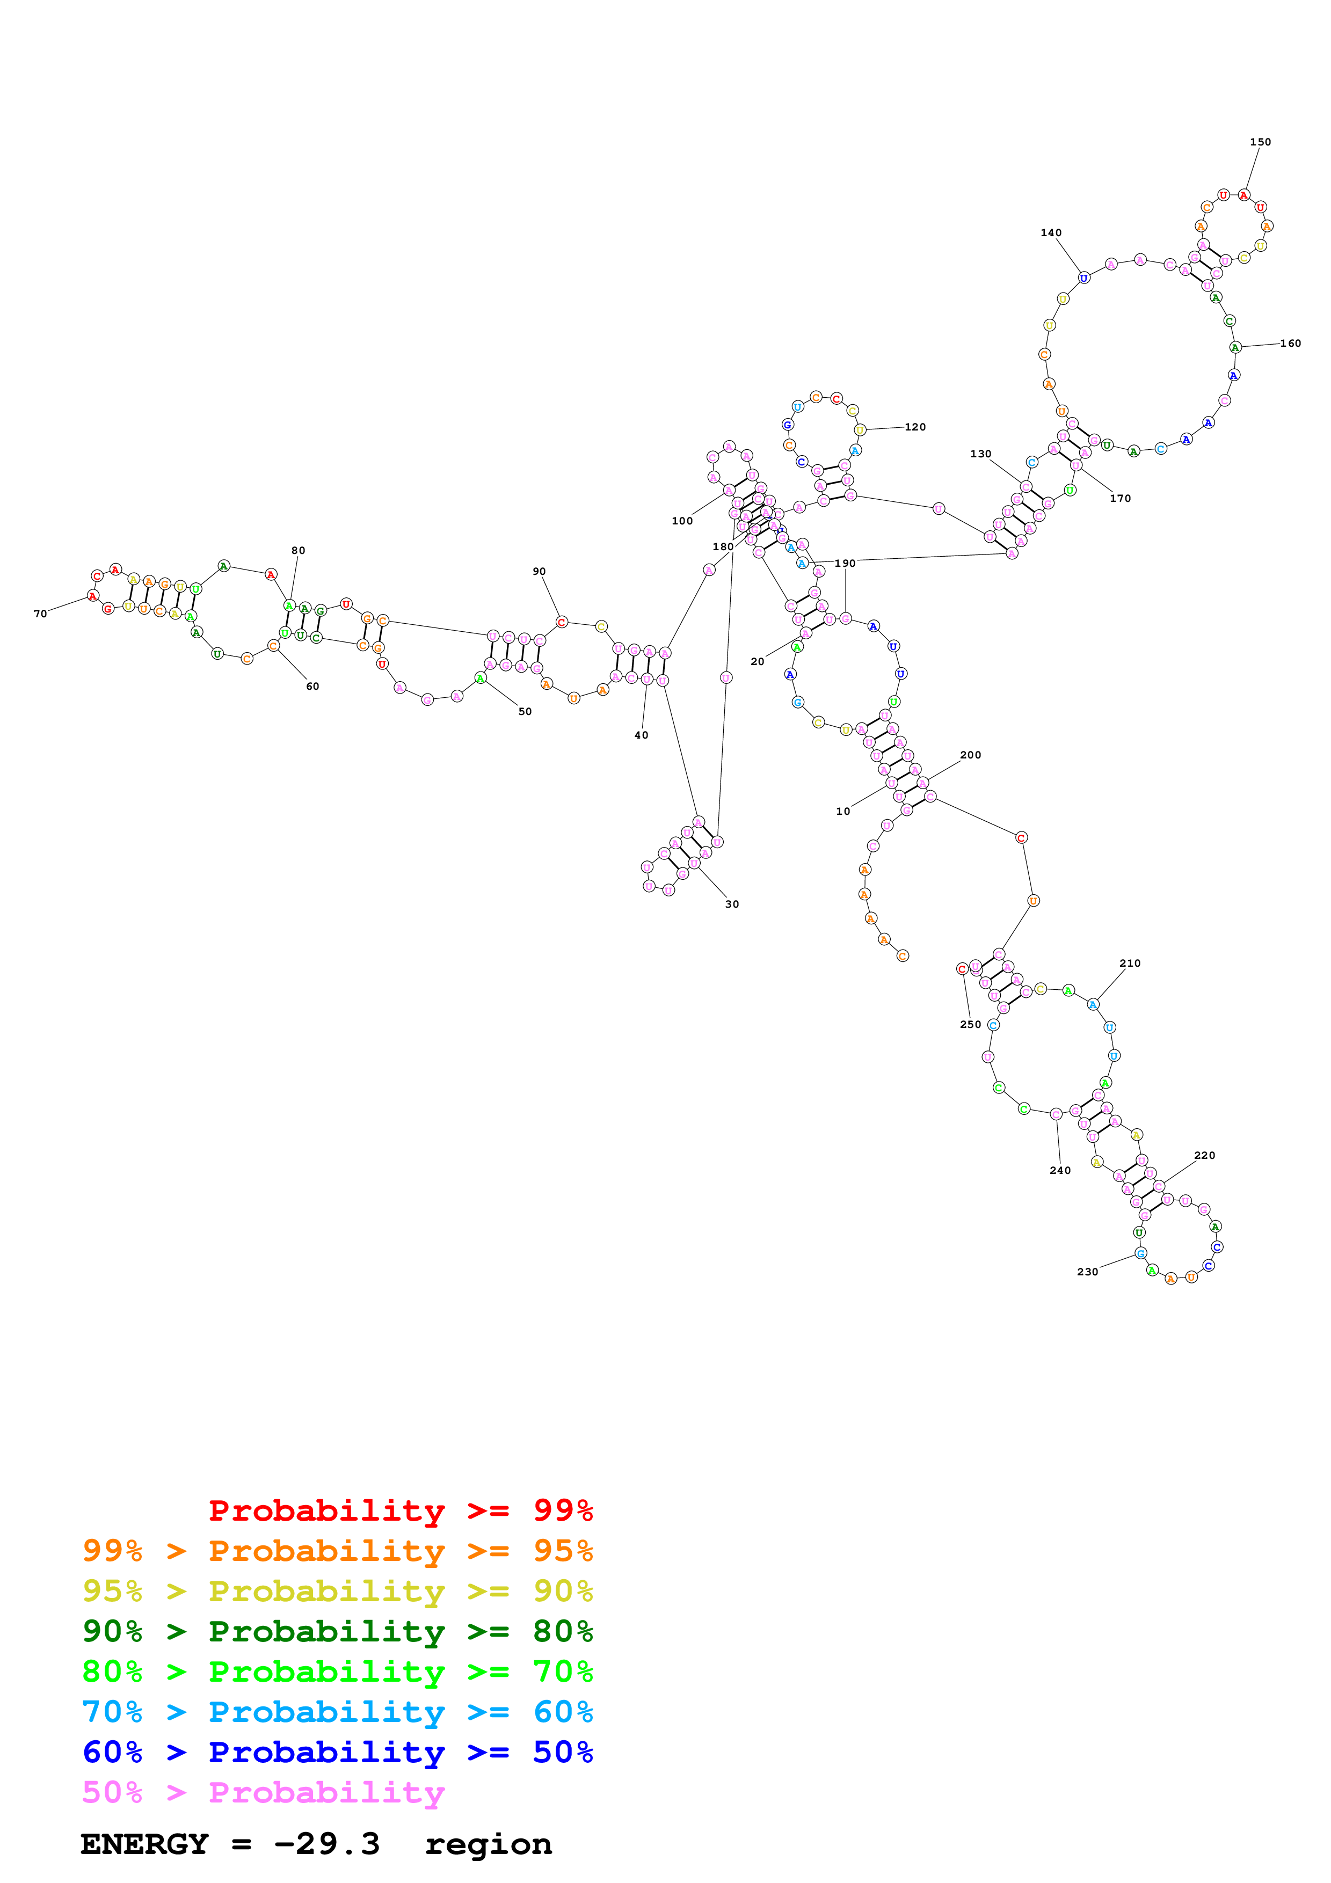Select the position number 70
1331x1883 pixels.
(x=40, y=614)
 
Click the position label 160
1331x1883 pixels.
(x=1290, y=343)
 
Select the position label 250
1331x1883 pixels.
(x=970, y=1024)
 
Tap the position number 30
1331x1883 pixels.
(x=731, y=904)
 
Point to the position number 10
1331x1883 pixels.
(x=843, y=811)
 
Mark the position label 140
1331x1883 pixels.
(x=1051, y=232)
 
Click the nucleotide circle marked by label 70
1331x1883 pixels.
(x=93, y=595)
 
